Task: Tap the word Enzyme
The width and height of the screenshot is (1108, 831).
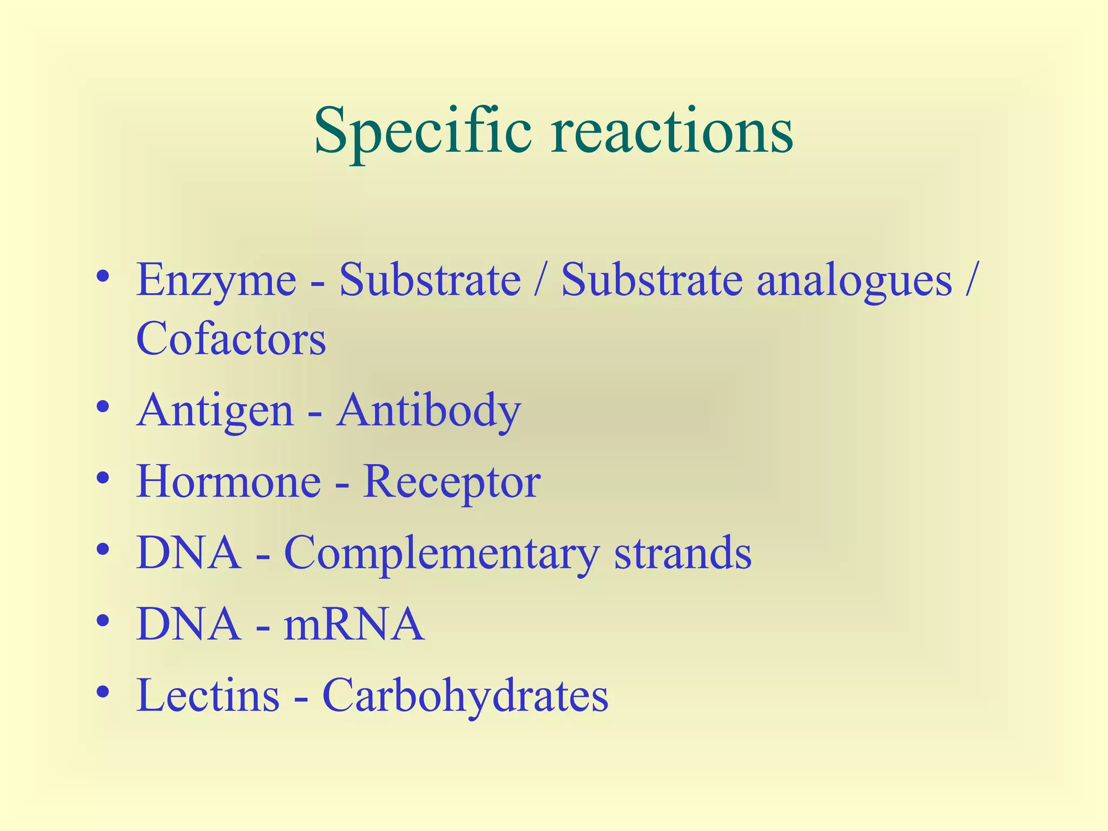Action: [216, 281]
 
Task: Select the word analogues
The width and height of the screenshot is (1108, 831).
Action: [854, 281]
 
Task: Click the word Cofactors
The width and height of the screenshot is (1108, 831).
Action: [231, 339]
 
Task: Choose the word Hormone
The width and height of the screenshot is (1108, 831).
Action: [228, 482]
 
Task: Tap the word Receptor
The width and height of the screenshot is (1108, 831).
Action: [451, 482]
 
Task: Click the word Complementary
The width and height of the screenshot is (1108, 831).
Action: [441, 553]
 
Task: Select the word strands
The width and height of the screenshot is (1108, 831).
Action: [683, 553]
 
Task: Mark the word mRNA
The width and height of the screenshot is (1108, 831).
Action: [354, 624]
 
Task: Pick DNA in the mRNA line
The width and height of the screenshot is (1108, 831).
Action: [188, 624]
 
